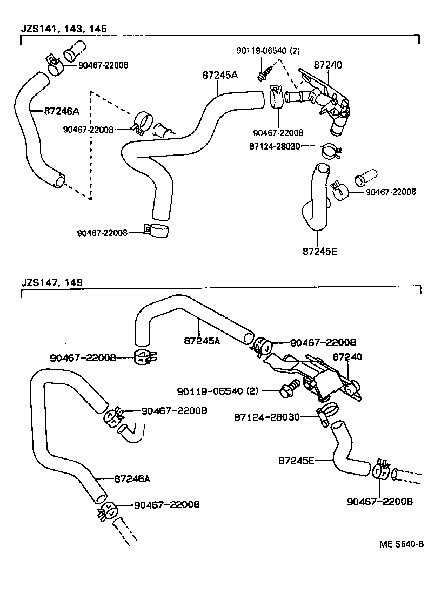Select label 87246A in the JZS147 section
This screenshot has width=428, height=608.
tap(132, 478)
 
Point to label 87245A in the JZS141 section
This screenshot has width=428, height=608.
tap(220, 76)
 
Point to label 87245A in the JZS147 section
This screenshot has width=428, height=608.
tap(202, 341)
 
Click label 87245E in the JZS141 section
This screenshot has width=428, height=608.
tap(319, 251)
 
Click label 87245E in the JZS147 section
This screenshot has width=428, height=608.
tap(296, 461)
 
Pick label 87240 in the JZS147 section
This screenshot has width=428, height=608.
tap(347, 357)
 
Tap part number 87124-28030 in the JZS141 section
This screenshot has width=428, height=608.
tap(275, 146)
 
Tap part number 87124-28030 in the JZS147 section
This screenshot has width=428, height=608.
tap(266, 417)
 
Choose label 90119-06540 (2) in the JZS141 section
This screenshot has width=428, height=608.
tap(268, 51)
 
